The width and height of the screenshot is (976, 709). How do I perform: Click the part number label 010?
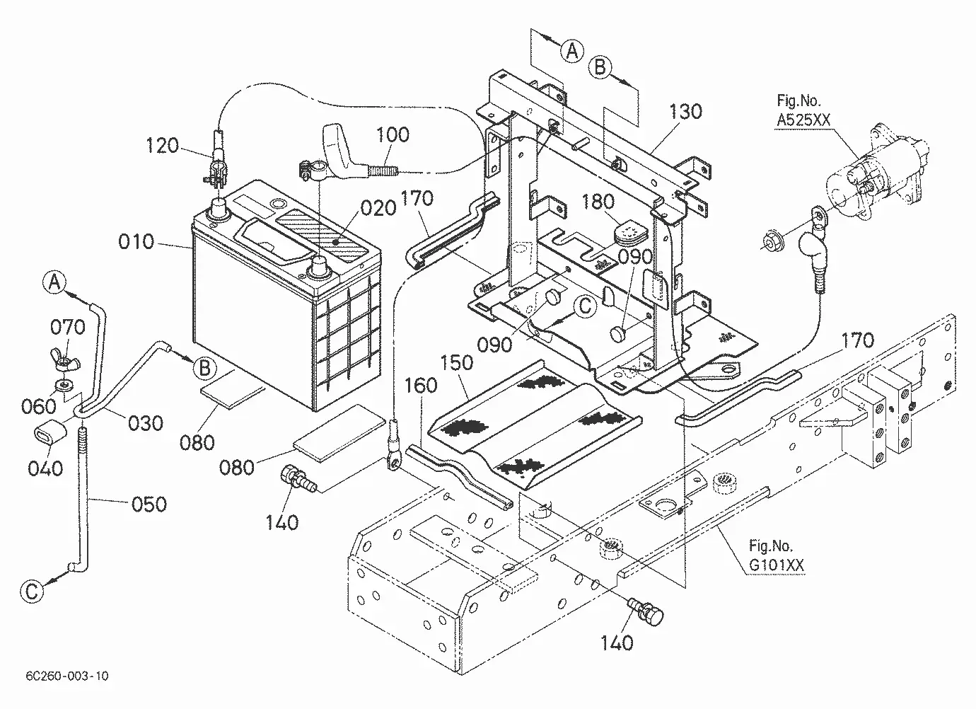coord(136,241)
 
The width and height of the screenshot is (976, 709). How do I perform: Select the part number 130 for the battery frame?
coord(685,112)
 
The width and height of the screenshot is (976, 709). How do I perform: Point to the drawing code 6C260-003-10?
coord(67,676)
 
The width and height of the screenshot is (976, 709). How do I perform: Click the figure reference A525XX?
coord(803,120)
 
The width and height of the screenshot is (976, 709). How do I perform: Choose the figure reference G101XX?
coord(776,565)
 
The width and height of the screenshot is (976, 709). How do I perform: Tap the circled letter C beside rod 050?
coord(33,592)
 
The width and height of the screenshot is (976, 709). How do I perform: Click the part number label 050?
coord(149,504)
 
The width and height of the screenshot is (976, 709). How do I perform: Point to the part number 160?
coord(421,386)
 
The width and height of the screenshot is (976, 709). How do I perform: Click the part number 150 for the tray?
coord(456,362)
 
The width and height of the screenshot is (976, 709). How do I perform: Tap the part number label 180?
coord(598,202)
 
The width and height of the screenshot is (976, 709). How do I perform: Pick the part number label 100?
coord(393,134)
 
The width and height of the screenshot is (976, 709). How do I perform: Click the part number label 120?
coord(162,146)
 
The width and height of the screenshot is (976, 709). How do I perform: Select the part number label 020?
coord(378,209)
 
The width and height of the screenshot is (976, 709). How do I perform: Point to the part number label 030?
coord(146,423)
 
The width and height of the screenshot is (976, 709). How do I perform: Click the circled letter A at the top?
coord(571,51)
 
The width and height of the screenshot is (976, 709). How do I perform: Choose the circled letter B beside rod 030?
coord(205,369)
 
